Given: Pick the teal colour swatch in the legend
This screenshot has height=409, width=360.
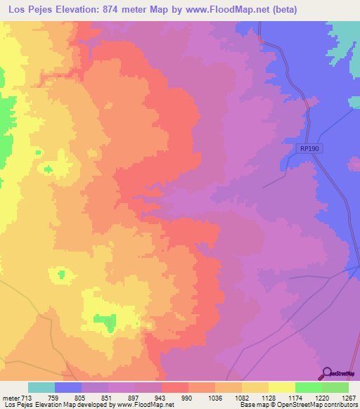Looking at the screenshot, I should click(41, 387).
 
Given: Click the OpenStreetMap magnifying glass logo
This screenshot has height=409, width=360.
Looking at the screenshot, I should click(326, 373).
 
